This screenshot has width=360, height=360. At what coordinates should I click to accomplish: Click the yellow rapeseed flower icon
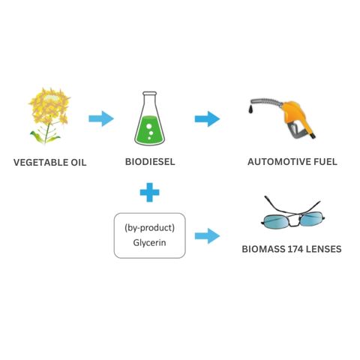tap(49, 115)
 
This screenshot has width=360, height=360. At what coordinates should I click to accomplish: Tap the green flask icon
tap(149, 118)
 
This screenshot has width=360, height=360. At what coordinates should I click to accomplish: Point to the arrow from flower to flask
tap(101, 118)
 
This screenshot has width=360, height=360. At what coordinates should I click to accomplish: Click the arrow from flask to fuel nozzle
tap(207, 118)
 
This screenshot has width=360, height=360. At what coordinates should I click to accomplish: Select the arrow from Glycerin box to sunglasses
tap(207, 235)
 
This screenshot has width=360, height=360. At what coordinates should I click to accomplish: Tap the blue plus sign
tap(149, 192)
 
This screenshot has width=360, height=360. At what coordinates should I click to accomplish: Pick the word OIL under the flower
tap(79, 163)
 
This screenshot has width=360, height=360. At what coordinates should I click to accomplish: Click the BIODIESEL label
tap(150, 162)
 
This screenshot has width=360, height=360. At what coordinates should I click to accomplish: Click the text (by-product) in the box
tap(149, 228)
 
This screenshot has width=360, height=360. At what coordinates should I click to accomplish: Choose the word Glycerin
tap(149, 243)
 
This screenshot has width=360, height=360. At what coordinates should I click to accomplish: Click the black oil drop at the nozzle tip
tap(251, 109)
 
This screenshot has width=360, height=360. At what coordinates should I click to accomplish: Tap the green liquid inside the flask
tap(149, 130)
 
